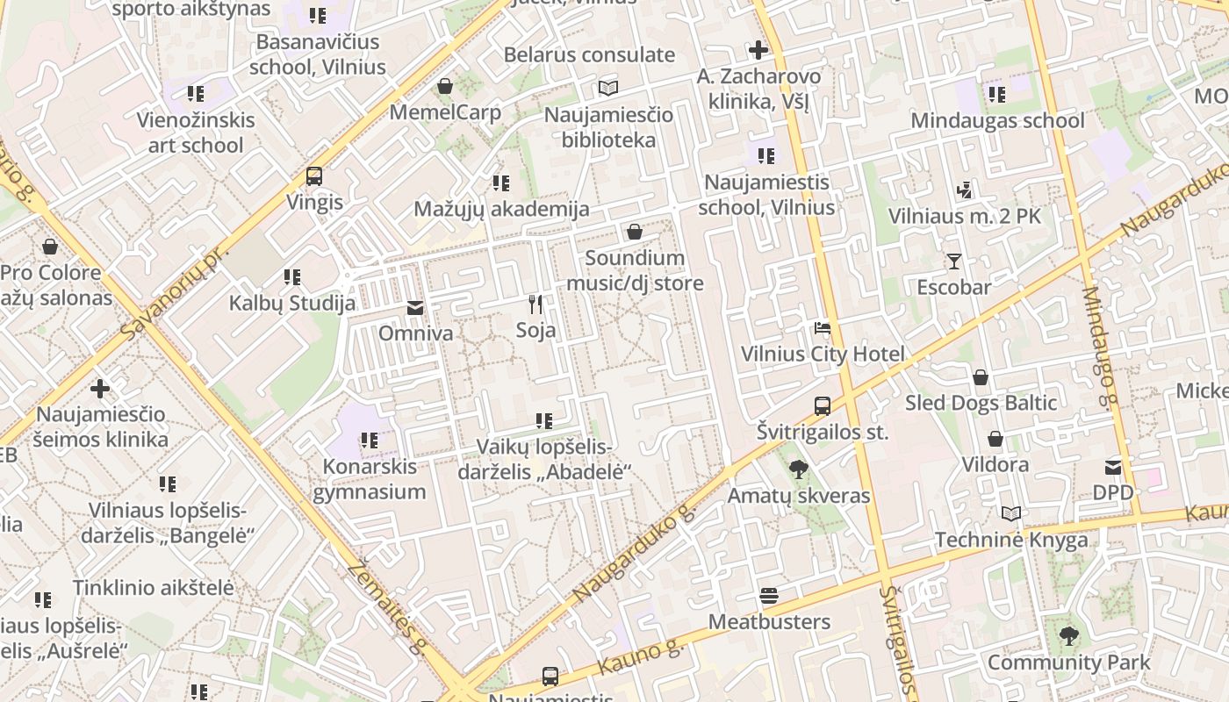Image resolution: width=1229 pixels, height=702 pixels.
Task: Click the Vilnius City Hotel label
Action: point(823,355)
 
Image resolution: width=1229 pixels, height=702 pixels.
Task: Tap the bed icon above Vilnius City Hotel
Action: point(823,328)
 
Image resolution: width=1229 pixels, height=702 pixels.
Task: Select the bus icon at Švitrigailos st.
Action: point(823,406)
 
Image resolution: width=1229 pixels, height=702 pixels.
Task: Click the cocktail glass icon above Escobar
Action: point(954,261)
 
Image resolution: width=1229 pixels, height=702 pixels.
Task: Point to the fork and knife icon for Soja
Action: point(535,304)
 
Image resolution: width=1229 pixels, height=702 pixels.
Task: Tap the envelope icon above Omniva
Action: point(414,308)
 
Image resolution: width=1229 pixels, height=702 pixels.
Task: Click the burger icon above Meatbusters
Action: point(769,597)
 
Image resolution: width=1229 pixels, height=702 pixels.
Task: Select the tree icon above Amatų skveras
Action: point(798,469)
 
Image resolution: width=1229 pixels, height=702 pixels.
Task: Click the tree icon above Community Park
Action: point(1068,636)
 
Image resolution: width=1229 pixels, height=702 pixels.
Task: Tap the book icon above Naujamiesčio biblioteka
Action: point(608,88)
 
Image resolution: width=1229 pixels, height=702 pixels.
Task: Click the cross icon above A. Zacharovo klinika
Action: point(758,50)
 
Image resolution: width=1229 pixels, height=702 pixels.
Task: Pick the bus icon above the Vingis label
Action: point(314,176)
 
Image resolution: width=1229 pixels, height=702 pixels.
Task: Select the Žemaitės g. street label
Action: point(386,605)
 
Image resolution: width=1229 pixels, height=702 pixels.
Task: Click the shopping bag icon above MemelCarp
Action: point(445,86)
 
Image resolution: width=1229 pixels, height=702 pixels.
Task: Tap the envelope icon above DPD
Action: point(1113,467)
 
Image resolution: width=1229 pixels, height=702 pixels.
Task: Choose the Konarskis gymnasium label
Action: point(370,478)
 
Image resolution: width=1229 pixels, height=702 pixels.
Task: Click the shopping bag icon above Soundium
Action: point(634,233)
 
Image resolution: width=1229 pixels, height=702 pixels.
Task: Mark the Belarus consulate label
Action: point(589,54)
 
